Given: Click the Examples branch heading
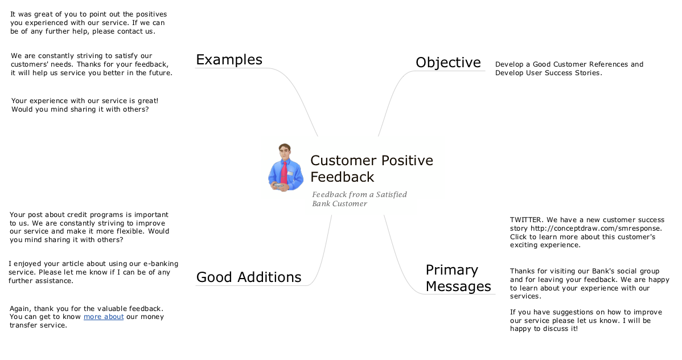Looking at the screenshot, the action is coord(229,60).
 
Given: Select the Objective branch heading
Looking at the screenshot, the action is coord(449,62).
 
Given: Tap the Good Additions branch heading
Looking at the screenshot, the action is coord(249,277).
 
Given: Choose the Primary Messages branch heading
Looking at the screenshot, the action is coord(458,278).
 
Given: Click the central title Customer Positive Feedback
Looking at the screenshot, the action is coord(372,169).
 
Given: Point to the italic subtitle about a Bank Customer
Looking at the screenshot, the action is coord(359,199).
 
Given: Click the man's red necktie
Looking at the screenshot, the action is coord(284,171).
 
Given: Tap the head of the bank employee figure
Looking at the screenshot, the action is coord(285,152).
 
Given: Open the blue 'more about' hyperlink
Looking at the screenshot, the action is coord(104,317).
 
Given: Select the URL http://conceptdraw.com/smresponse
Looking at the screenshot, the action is coord(596,228).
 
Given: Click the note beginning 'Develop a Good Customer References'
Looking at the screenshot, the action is coord(569,69).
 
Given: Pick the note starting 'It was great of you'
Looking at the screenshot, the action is coord(89,23).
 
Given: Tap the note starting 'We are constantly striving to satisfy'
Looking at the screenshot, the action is coord(92,64).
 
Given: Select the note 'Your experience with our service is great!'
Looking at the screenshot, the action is coord(85,105).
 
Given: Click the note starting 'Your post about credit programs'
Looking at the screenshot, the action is coord(89,227).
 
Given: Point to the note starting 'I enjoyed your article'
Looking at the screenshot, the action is coord(93,272).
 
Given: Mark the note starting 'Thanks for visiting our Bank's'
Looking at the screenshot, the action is coord(590,284).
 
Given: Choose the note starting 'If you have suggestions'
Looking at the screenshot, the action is coord(586,320).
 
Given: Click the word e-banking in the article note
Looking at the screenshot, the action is coord(161,264).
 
